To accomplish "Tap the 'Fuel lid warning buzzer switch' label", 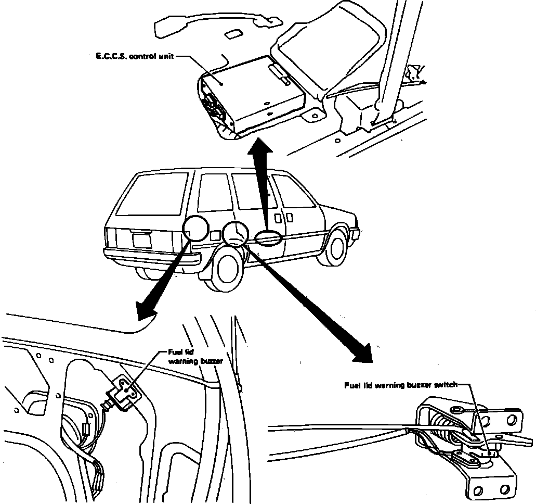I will point(401,385).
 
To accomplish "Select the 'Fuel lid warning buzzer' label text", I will point(188,356).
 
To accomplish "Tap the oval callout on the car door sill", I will point(269,237).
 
